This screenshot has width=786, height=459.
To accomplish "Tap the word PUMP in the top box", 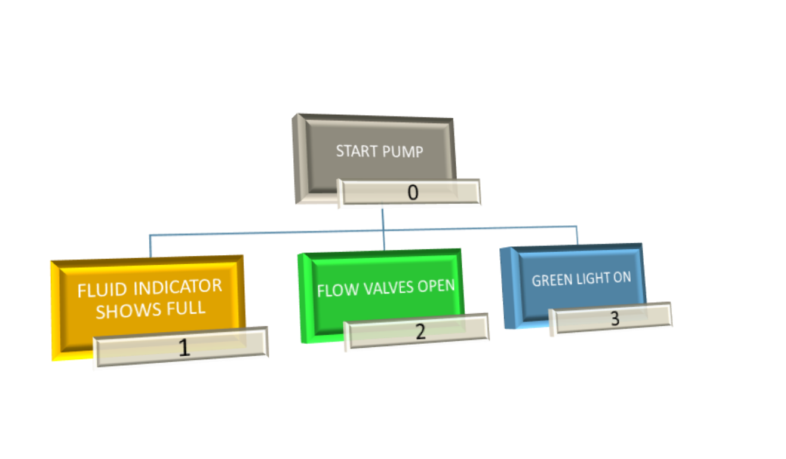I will pos(399,152).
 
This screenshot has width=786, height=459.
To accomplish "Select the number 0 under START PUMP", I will pos(413,193).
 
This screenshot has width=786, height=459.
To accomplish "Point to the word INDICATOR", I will pos(177,287).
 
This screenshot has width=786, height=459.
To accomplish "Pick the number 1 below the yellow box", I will pos(184,348).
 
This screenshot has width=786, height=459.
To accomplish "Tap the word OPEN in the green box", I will pos(437,286).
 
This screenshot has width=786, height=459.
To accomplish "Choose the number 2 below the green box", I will pos(420,331).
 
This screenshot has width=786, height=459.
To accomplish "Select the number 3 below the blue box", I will pos(615,319).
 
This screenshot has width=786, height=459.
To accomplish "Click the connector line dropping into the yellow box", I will pos(150,246).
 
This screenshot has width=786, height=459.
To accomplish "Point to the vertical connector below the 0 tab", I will pos(382,218).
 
